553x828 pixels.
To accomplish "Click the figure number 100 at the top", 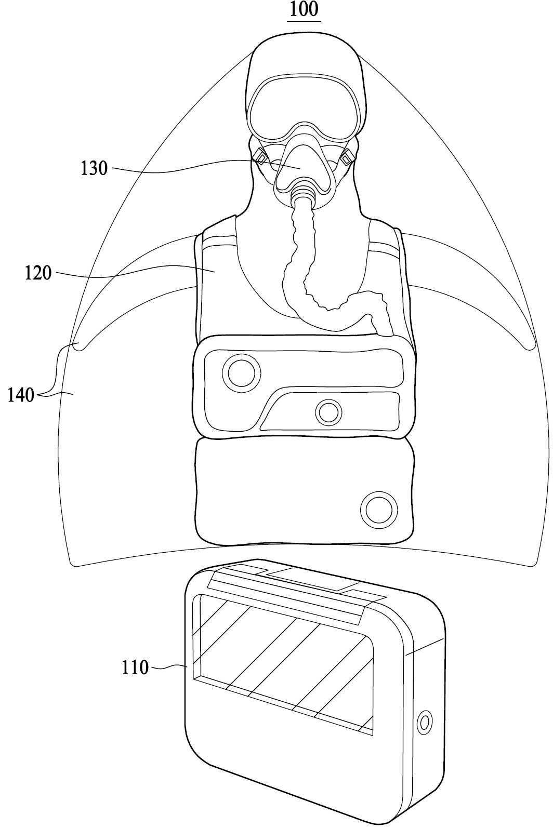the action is pyautogui.click(x=304, y=10).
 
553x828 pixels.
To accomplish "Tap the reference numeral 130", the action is pyautogui.click(x=94, y=168).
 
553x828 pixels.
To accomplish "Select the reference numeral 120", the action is pyautogui.click(x=38, y=273).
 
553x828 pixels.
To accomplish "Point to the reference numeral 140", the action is pyautogui.click(x=21, y=396).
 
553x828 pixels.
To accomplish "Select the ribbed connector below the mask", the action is pyautogui.click(x=302, y=195).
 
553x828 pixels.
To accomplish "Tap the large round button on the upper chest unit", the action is pyautogui.click(x=241, y=372).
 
